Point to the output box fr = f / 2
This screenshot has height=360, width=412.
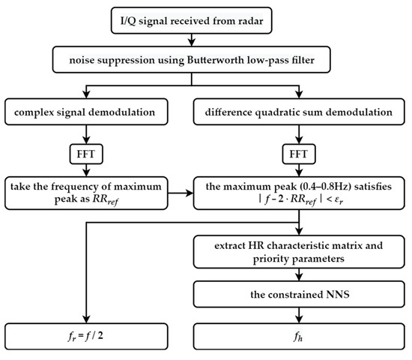88,331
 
